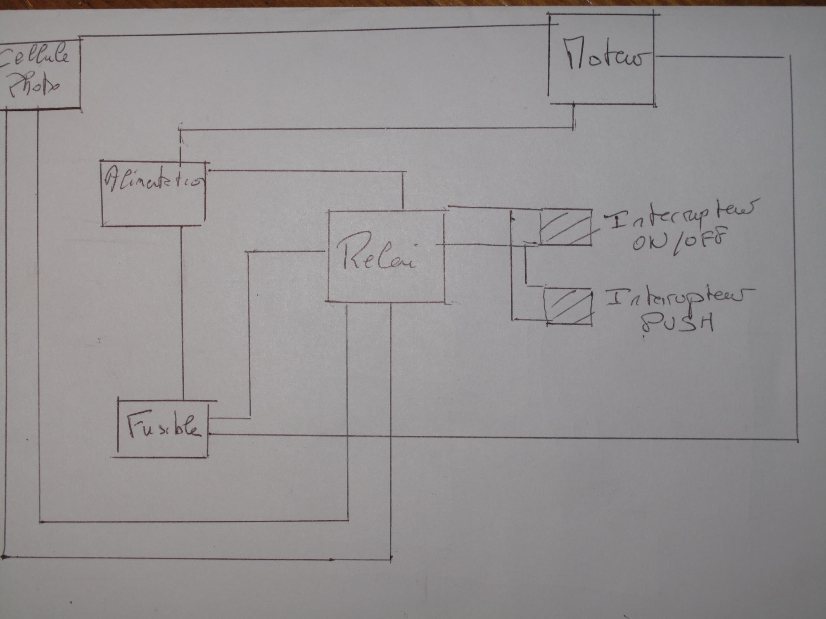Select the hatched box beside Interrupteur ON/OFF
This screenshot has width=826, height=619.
[565, 227]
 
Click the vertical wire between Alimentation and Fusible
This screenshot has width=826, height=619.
[182, 314]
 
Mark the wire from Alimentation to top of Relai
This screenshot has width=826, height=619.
[306, 170]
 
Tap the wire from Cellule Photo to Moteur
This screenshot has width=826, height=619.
[314, 31]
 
